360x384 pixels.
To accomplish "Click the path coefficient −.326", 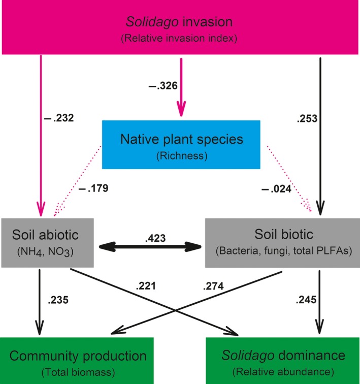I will point(162,86).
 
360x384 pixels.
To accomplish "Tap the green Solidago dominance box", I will point(282,360).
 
